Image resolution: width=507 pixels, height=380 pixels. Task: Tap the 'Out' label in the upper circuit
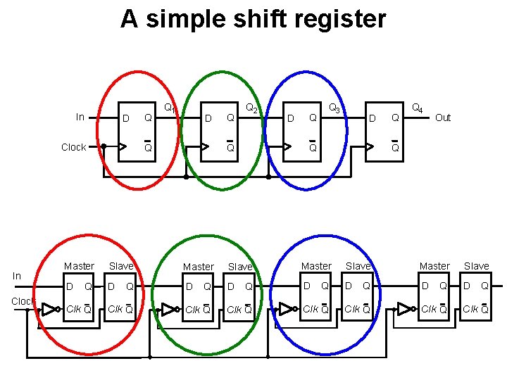click(x=443, y=118)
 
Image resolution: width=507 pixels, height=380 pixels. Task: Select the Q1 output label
click(x=169, y=108)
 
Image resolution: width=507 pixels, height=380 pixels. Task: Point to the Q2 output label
click(x=251, y=108)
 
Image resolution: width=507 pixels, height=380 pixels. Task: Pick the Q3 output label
click(x=334, y=108)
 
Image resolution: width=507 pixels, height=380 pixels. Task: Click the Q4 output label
click(x=417, y=108)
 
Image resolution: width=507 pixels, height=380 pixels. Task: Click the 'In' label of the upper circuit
click(x=80, y=117)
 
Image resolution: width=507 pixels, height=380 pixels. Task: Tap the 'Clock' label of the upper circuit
click(x=74, y=147)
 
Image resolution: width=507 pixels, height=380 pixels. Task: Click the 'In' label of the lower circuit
click(x=17, y=277)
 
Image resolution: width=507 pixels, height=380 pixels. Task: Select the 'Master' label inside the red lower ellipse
click(x=79, y=266)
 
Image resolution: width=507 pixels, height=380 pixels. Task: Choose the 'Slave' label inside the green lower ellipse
click(x=240, y=267)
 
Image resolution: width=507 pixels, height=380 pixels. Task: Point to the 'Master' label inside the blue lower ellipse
click(x=316, y=266)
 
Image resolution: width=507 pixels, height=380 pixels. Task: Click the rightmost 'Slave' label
click(x=477, y=266)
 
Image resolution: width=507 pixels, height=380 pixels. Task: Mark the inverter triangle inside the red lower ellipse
click(x=49, y=309)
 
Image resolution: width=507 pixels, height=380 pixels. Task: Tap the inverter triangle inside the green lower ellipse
click(x=168, y=309)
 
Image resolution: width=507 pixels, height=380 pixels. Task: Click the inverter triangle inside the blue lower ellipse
click(x=286, y=309)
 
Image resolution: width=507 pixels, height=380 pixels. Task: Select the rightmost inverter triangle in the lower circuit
click(x=404, y=309)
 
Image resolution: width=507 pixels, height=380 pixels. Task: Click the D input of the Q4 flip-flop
click(x=373, y=118)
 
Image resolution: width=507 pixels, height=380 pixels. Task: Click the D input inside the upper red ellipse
click(x=126, y=118)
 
